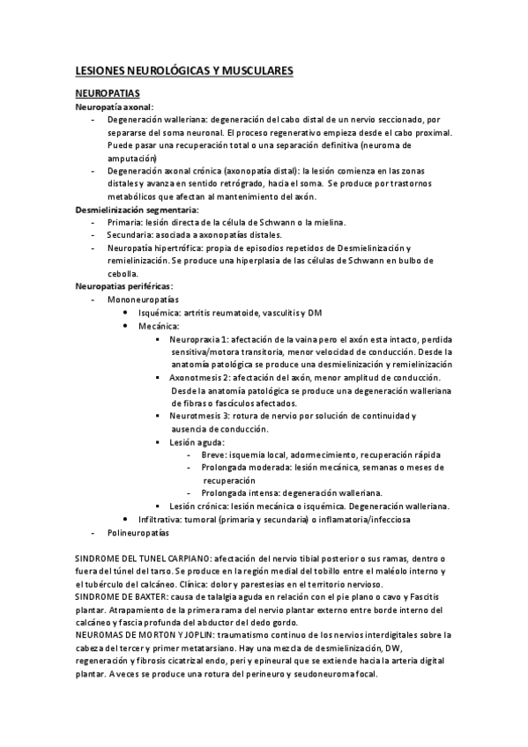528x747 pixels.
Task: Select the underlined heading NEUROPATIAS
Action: click(107, 92)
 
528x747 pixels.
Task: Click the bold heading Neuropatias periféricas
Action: click(124, 286)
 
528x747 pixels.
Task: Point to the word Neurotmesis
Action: click(196, 416)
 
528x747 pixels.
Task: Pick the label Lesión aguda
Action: click(196, 441)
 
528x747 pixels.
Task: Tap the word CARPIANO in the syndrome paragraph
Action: click(183, 558)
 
